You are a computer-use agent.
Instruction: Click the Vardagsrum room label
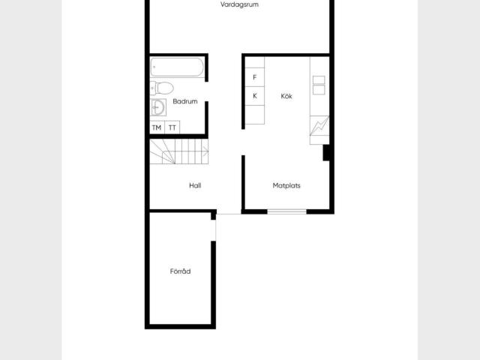pos(239,4)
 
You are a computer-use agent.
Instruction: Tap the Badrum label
pos(185,101)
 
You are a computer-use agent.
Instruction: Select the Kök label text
pos(286,96)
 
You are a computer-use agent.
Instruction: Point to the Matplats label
pos(286,185)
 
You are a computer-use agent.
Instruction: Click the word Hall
pos(195,185)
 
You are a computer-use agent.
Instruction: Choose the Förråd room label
pos(180,271)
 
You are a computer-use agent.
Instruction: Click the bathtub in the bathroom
pos(177,67)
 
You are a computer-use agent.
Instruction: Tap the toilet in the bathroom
pos(162,88)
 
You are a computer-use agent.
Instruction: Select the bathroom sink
pos(158,107)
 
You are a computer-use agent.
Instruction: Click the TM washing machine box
pos(157,127)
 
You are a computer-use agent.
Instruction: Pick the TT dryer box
pos(172,127)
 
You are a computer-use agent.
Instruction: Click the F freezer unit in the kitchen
pos(255,77)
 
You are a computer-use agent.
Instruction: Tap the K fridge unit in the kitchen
pos(255,96)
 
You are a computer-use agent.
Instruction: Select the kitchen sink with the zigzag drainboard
pos(319,125)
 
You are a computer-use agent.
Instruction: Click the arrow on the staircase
pos(205,151)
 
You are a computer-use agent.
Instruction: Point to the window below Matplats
pos(286,211)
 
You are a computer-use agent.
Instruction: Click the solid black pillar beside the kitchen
pos(326,153)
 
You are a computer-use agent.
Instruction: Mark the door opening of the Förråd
pos(214,230)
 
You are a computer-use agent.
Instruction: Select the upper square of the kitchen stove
pos(319,79)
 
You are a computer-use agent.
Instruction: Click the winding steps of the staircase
pos(162,151)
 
